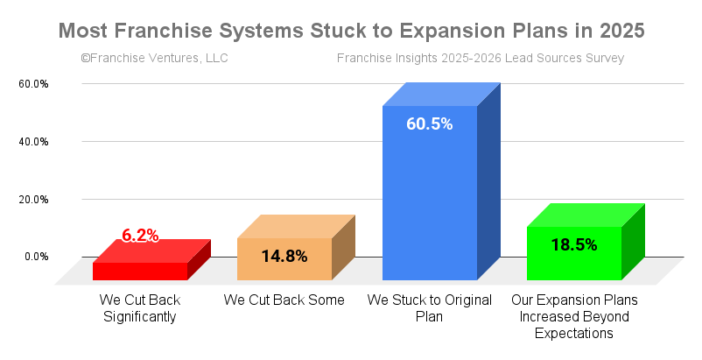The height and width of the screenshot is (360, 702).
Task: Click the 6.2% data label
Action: [140, 236]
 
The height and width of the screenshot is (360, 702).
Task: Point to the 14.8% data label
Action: [284, 256]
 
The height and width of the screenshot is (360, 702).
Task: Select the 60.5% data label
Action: [430, 124]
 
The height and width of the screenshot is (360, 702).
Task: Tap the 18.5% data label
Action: [574, 245]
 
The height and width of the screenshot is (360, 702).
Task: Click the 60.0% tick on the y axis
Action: [33, 84]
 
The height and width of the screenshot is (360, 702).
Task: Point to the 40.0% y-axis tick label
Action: [33, 142]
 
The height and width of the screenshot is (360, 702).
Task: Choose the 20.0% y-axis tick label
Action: [33, 200]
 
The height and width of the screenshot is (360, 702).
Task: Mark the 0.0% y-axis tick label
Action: [36, 257]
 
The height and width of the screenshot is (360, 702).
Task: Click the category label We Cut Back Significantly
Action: [140, 308]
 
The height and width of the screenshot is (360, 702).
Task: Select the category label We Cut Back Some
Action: [284, 300]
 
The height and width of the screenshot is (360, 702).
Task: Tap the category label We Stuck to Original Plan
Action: [430, 308]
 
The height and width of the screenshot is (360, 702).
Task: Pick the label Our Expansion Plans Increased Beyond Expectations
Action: [574, 316]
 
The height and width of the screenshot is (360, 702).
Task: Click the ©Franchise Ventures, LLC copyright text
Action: [154, 59]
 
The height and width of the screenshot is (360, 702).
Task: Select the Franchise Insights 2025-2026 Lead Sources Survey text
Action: [481, 59]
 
